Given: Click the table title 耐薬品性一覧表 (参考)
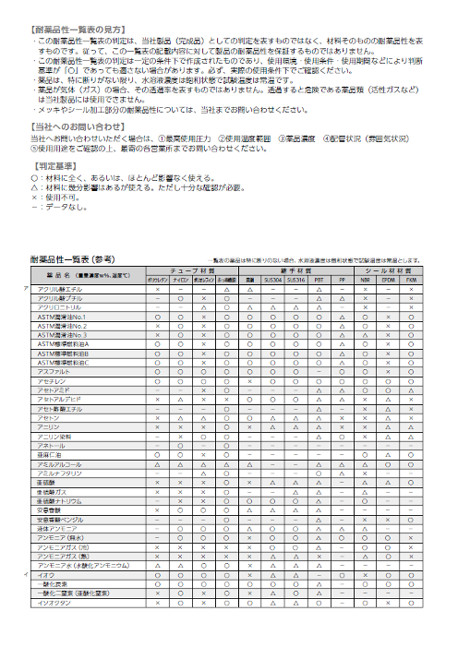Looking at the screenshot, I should [x=74, y=261].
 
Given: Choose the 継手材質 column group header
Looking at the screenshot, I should [x=294, y=270].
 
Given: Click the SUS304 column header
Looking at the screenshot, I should [x=273, y=279].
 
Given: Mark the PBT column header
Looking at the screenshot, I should [x=318, y=279].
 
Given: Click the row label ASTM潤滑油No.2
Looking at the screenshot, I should [x=62, y=326].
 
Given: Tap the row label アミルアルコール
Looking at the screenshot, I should [x=60, y=462].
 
